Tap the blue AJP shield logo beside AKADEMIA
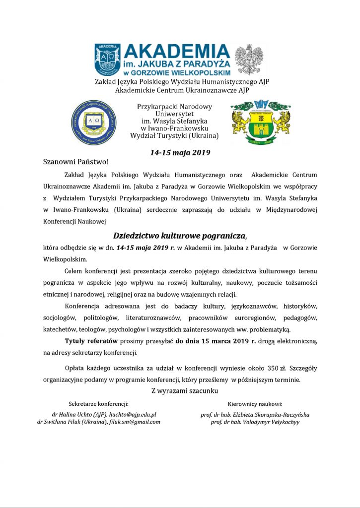(108, 60)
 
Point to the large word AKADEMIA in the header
(177, 52)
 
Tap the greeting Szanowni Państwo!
(75, 162)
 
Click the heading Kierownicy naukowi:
(255, 403)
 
